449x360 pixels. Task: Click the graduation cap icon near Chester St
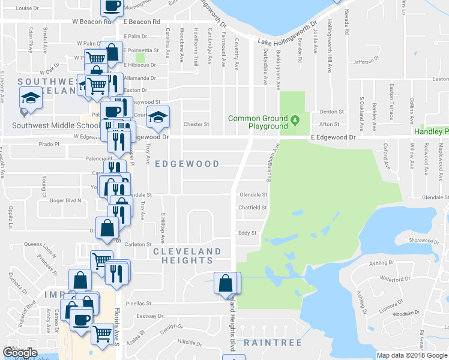pos(158,116)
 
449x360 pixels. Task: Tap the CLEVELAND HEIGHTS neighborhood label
pos(187,256)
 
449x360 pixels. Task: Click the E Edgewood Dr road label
pos(333,137)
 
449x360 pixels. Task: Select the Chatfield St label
pos(253,208)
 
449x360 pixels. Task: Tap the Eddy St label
pos(247,233)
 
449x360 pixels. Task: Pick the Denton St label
pos(332,112)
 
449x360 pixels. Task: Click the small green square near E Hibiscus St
pos(141,58)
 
